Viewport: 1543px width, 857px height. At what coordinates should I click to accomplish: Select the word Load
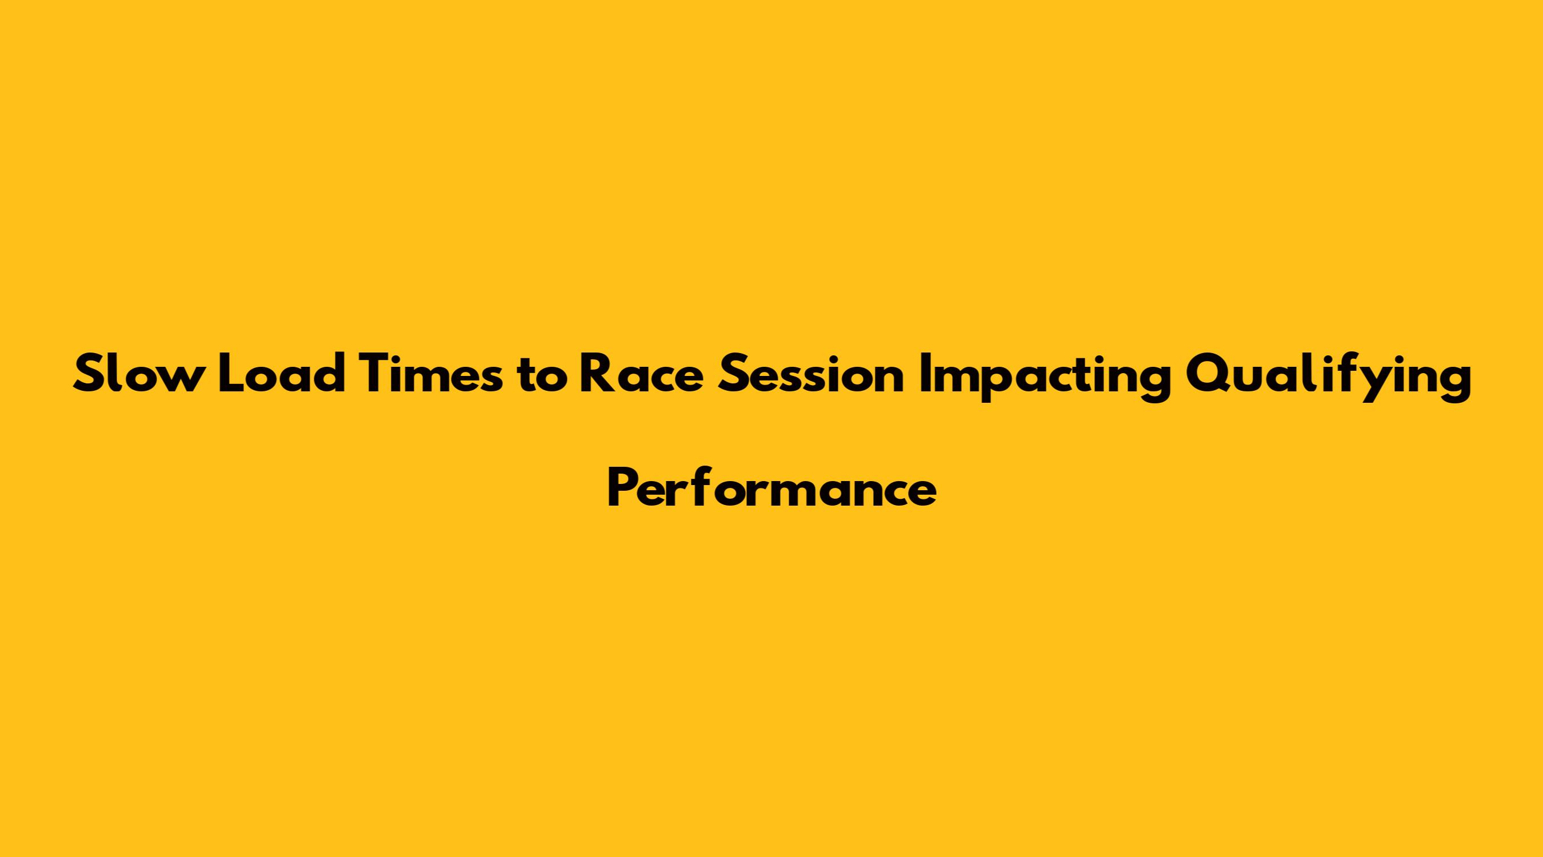click(x=282, y=374)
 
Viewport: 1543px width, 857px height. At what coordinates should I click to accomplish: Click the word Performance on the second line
click(x=772, y=488)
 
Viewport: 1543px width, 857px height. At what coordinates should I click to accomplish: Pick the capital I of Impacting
click(x=924, y=374)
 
